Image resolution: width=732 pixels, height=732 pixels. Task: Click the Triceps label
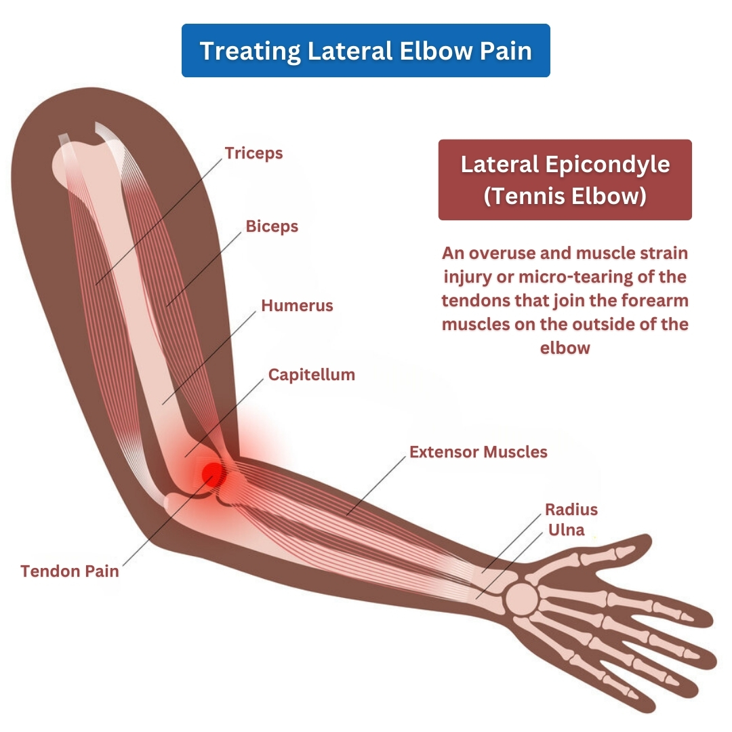[253, 153]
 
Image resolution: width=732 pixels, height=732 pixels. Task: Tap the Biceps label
[272, 226]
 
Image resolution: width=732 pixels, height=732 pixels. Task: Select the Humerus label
[297, 306]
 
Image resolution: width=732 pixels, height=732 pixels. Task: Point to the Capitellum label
[311, 375]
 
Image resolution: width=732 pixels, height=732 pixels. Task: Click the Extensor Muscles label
[479, 452]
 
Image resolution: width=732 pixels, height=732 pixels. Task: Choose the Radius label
[571, 509]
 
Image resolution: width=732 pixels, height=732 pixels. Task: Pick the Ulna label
[566, 530]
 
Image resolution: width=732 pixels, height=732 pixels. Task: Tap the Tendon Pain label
[70, 571]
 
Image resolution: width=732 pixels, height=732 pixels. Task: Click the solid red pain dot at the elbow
[213, 474]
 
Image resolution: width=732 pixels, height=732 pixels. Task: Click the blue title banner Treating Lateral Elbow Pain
[366, 50]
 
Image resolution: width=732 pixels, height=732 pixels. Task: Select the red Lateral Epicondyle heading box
[565, 180]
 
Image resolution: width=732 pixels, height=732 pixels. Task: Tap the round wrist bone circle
[521, 599]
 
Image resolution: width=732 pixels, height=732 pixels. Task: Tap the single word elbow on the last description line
[565, 348]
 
